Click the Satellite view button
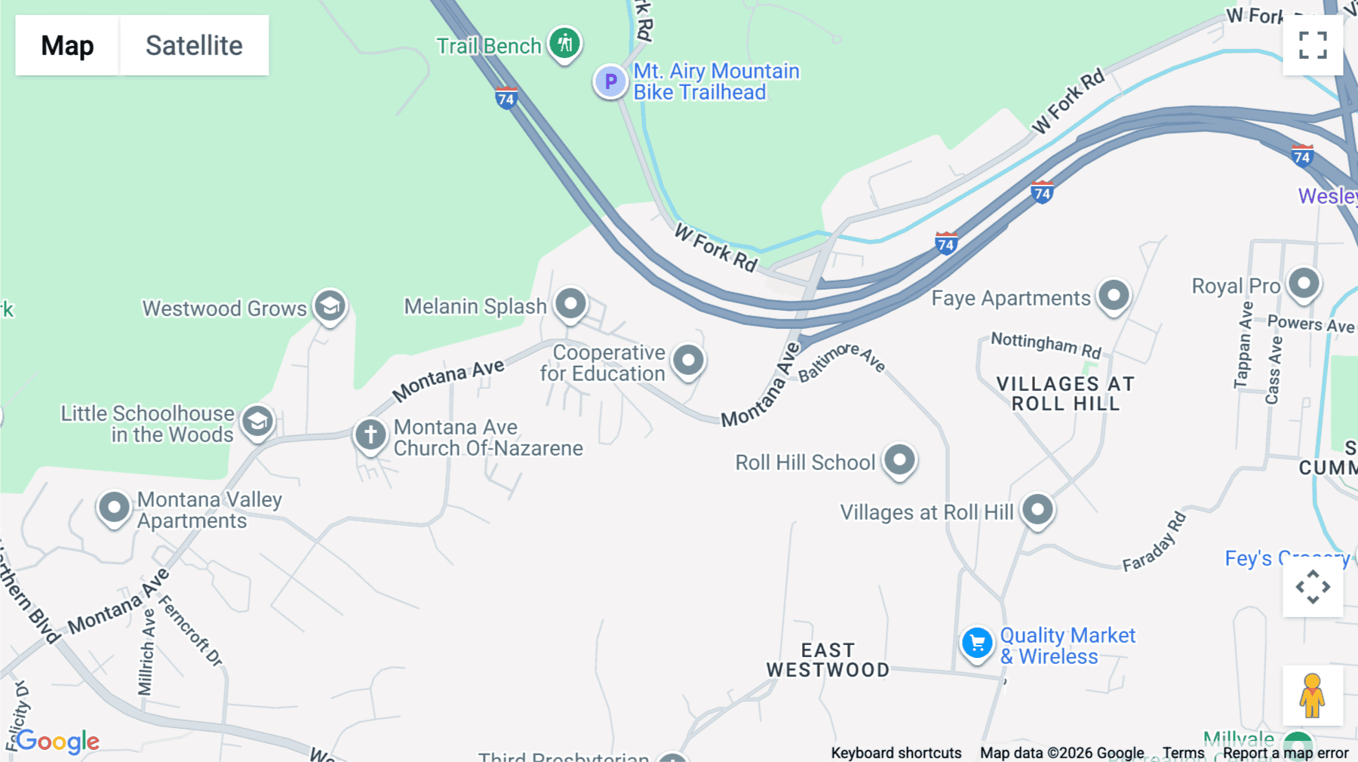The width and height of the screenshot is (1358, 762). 194,45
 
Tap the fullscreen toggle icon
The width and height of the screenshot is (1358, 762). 1313,45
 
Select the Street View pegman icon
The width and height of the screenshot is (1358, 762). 1313,695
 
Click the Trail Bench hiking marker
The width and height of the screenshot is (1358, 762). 564,42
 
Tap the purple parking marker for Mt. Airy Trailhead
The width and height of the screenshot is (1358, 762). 610,81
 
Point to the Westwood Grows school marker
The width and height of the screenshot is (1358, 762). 330,306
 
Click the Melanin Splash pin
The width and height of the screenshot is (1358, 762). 571,304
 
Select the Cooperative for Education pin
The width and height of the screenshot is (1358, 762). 688,361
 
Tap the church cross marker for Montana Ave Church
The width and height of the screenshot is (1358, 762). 370,435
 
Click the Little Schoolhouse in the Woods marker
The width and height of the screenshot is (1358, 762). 257,421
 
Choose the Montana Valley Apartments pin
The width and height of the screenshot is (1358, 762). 115,508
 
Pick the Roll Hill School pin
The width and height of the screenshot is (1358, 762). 899,459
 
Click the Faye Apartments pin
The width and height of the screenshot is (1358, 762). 1114,296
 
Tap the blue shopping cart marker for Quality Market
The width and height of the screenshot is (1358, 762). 977,644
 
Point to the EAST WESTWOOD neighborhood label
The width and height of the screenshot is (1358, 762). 828,660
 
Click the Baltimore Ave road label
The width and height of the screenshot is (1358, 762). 841,361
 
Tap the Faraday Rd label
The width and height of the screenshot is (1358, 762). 1154,542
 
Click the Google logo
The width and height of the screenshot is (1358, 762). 58,741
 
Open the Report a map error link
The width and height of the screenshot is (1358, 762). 1286,753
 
